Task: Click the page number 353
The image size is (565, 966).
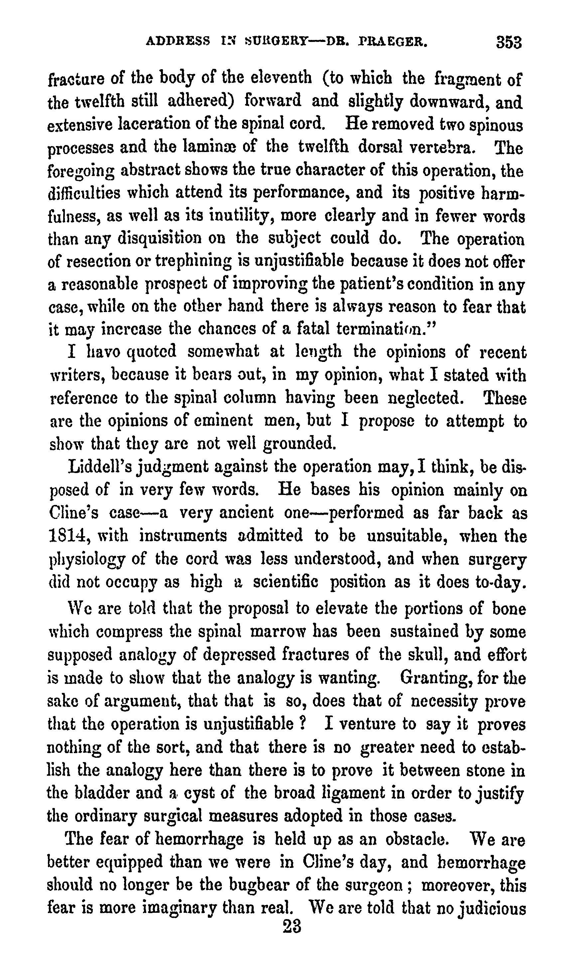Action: [509, 42]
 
